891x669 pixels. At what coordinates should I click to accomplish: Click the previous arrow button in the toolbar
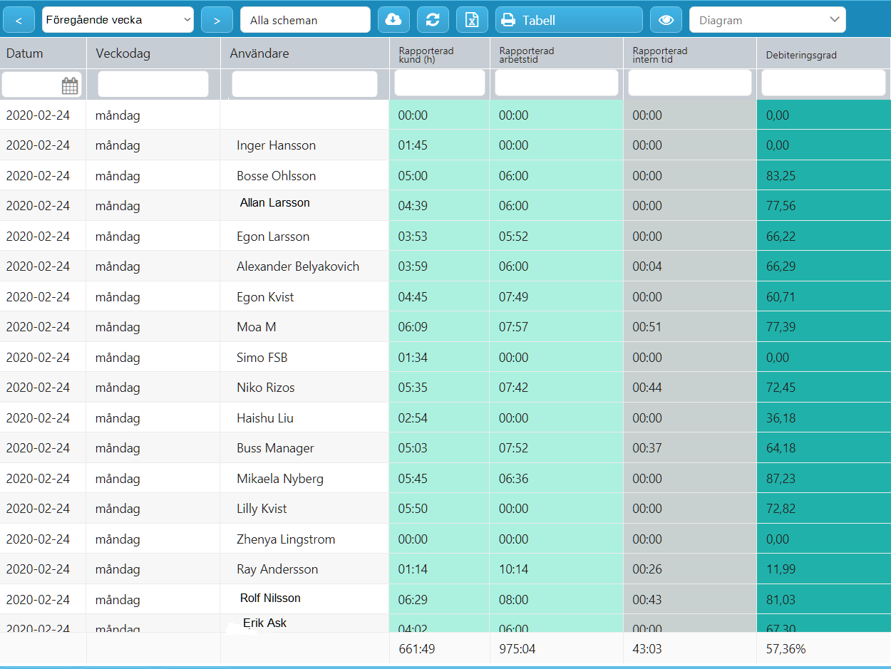pyautogui.click(x=19, y=20)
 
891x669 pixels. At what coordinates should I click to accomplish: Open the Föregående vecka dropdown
pyautogui.click(x=118, y=20)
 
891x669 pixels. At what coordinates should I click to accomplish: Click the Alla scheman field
pyautogui.click(x=305, y=20)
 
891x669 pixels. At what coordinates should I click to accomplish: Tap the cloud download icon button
pyautogui.click(x=393, y=20)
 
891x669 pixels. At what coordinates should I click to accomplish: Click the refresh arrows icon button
pyautogui.click(x=433, y=20)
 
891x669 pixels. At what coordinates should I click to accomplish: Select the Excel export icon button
pyautogui.click(x=472, y=20)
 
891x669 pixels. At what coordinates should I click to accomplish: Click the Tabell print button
pyautogui.click(x=569, y=20)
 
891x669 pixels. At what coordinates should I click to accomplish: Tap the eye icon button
pyautogui.click(x=666, y=20)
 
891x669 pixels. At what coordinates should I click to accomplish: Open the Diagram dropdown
pyautogui.click(x=767, y=20)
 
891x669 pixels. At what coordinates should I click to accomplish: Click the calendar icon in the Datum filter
pyautogui.click(x=70, y=85)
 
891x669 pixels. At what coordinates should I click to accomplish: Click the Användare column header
pyautogui.click(x=259, y=53)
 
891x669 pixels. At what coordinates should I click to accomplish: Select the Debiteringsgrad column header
pyautogui.click(x=801, y=55)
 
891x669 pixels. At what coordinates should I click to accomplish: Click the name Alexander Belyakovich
pyautogui.click(x=298, y=266)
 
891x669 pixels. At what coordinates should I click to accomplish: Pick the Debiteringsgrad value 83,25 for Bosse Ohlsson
pyautogui.click(x=781, y=176)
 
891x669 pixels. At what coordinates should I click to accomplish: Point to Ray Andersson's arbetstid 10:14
pyautogui.click(x=513, y=569)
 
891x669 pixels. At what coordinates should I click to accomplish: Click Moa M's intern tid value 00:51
pyautogui.click(x=647, y=327)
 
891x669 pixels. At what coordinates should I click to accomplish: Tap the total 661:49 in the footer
pyautogui.click(x=417, y=649)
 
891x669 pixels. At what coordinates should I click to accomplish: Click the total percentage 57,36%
pyautogui.click(x=786, y=649)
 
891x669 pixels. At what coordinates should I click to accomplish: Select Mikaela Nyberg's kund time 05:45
pyautogui.click(x=413, y=479)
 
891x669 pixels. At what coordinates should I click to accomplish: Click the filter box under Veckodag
pyautogui.click(x=153, y=84)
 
